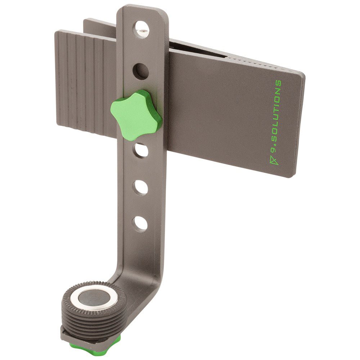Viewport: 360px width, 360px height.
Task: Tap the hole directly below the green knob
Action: click(x=141, y=150)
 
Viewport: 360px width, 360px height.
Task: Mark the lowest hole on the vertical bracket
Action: click(x=141, y=223)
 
